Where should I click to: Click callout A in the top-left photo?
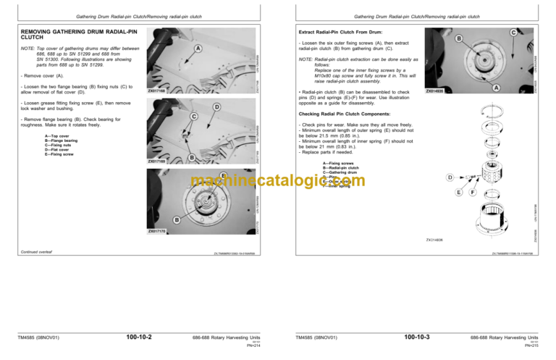point(198,49)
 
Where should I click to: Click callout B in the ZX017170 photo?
point(176,220)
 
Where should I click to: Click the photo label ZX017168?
point(156,91)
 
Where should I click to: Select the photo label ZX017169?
point(156,162)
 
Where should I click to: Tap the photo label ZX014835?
point(435,92)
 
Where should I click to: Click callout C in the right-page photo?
point(513,33)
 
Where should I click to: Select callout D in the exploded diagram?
point(450,177)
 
